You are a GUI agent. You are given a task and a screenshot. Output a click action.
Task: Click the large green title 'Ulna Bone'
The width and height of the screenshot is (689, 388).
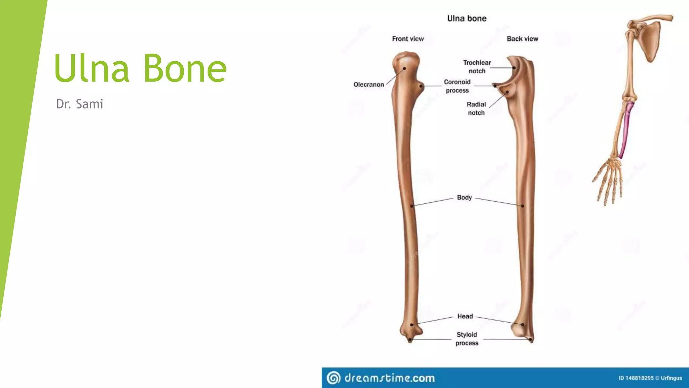pos(140,68)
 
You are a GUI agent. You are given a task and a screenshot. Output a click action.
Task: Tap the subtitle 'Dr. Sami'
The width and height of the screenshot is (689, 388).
pos(79,104)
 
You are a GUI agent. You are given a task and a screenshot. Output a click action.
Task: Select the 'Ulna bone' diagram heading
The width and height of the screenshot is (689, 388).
pos(467,19)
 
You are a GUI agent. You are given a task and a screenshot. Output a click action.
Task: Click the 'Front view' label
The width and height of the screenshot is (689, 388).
pos(408,39)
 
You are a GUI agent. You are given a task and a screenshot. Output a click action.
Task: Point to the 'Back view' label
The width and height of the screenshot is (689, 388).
pos(522,39)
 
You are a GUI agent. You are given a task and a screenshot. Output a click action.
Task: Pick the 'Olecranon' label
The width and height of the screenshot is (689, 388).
pos(368,85)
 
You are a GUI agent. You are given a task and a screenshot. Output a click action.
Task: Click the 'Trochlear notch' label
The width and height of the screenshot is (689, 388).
pos(477,67)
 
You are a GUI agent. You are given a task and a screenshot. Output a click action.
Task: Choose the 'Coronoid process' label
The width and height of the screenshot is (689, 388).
pos(457,86)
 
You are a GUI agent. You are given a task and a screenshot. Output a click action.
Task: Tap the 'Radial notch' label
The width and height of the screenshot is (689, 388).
pos(476,108)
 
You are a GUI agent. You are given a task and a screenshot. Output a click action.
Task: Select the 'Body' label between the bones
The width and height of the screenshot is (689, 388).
pos(464,197)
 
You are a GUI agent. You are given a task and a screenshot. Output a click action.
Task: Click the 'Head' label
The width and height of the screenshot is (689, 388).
pos(465,316)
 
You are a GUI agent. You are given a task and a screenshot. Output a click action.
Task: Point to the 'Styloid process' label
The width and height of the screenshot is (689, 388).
pos(467,339)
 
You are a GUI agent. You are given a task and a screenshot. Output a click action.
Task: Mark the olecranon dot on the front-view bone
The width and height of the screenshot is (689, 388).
pos(404,68)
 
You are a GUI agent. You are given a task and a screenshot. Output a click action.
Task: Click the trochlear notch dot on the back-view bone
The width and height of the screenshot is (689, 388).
pos(514,68)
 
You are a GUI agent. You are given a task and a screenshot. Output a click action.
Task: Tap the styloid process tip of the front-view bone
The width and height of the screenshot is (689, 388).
pos(410,340)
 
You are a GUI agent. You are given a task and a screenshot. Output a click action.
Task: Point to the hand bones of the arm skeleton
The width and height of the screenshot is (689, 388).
pos(609,179)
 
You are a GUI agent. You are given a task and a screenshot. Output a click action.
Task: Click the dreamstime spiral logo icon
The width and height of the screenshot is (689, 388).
pos(333,378)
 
